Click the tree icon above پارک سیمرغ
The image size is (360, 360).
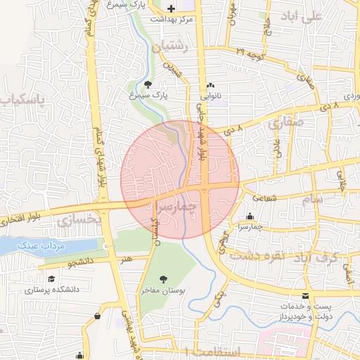(x=146, y=84)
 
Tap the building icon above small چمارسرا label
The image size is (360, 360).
(x=251, y=216)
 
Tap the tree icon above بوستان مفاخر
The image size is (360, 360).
(x=164, y=278)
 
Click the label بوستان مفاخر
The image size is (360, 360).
(x=164, y=290)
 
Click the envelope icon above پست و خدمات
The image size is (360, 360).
(x=304, y=296)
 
